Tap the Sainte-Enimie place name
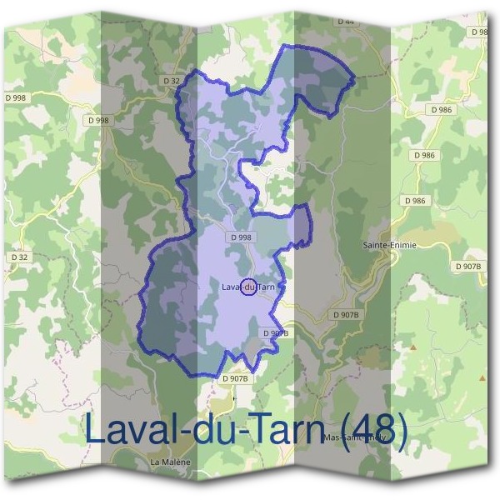pyautogui.click(x=390, y=246)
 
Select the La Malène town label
pyautogui.click(x=171, y=462)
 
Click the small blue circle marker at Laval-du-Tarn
pyautogui.click(x=247, y=287)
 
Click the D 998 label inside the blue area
pyautogui.click(x=241, y=237)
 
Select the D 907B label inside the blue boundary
pyautogui.click(x=275, y=333)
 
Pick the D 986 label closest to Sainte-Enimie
pyautogui.click(x=414, y=201)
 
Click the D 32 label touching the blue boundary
pyautogui.click(x=171, y=80)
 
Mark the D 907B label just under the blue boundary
pyautogui.click(x=236, y=378)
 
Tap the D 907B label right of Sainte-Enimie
pyautogui.click(x=468, y=266)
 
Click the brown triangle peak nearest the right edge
pyautogui.click(x=481, y=377)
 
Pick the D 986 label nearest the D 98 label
pyautogui.click(x=442, y=110)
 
